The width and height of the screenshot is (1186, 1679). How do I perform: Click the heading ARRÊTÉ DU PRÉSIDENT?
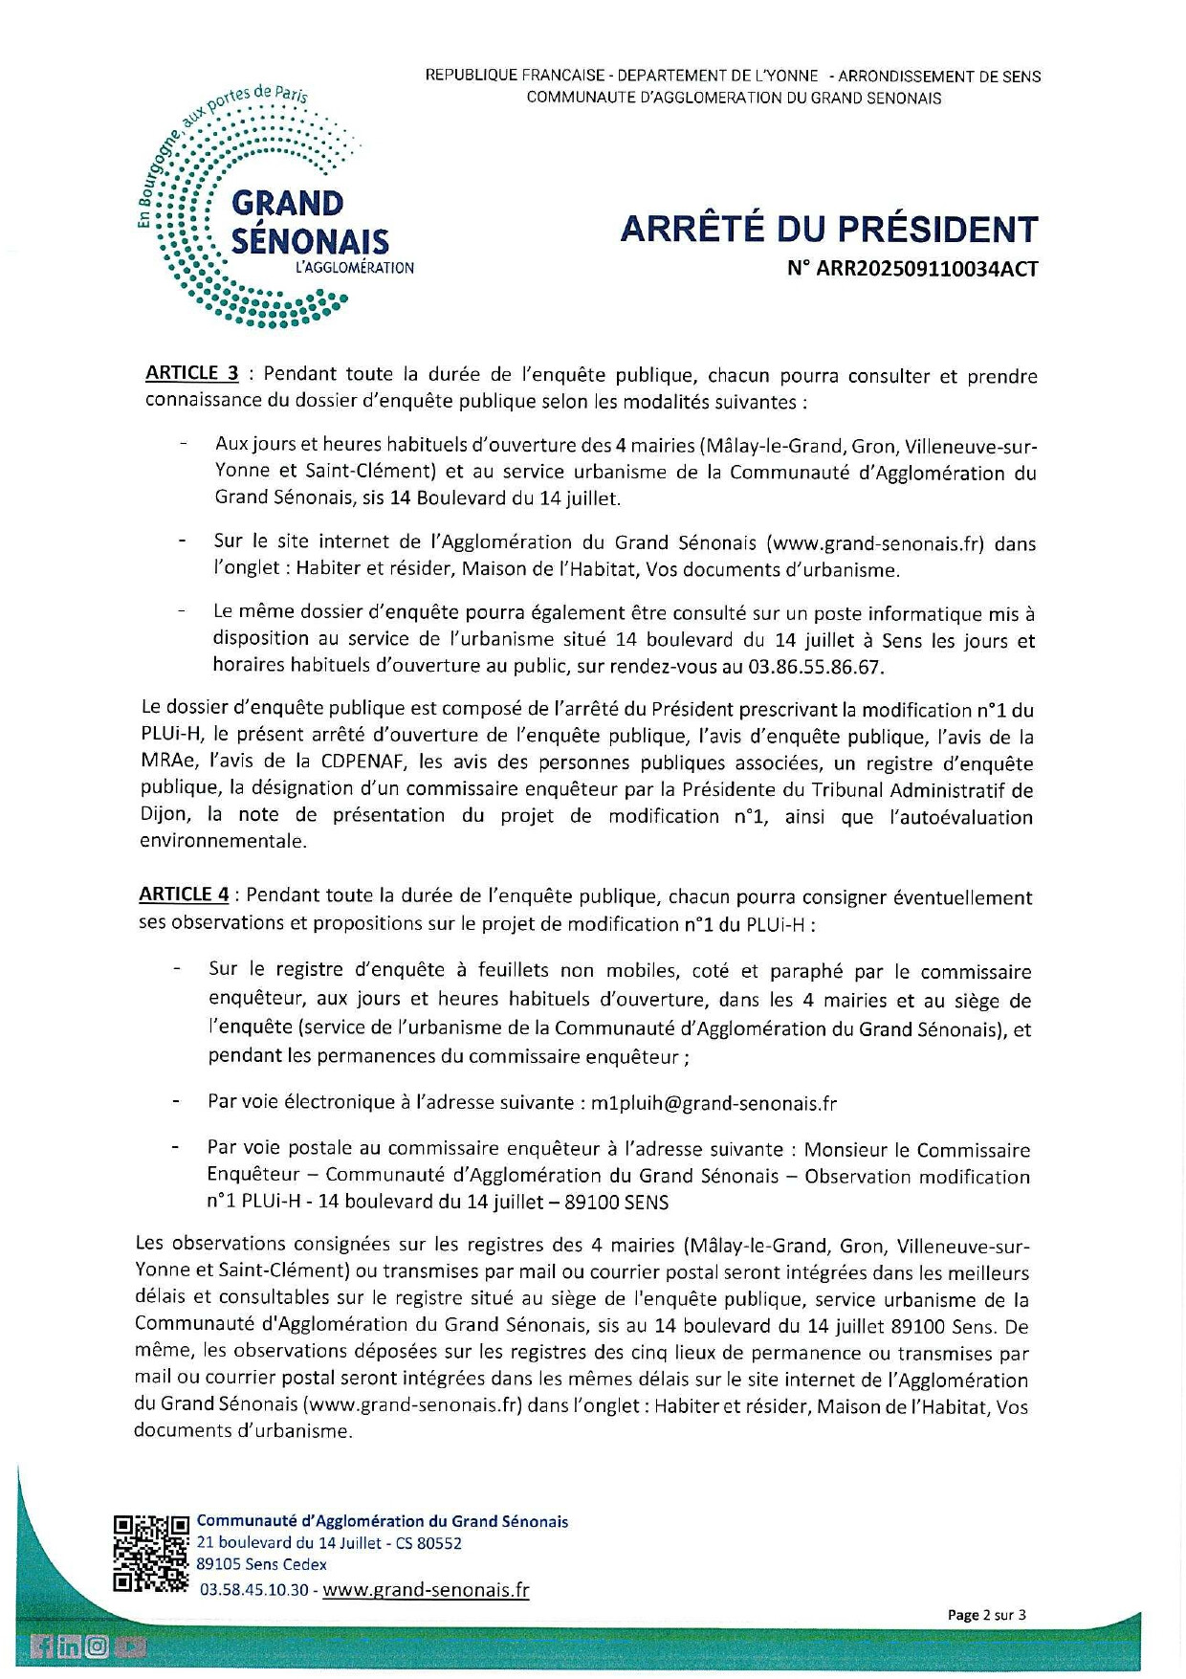(828, 230)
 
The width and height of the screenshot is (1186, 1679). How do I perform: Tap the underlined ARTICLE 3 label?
(191, 373)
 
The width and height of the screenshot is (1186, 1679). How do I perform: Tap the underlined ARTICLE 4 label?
(184, 895)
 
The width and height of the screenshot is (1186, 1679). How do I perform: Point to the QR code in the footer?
(151, 1555)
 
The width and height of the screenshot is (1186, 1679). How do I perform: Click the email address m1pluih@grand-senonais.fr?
(714, 1103)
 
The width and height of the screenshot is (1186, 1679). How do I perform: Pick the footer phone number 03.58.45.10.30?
(254, 1589)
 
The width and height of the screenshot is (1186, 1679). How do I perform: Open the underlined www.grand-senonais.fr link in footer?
(426, 1589)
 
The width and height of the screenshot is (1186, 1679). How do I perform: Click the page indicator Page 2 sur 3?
(986, 1615)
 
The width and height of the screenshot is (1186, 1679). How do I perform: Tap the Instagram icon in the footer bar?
(98, 1646)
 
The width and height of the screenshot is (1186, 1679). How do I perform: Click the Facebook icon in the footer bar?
(42, 1646)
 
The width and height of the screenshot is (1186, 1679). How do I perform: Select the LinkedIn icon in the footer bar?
(69, 1646)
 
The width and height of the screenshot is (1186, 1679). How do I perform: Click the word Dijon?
(162, 815)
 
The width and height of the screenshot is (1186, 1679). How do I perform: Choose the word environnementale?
(222, 842)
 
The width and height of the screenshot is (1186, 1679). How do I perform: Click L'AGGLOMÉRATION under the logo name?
(355, 269)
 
